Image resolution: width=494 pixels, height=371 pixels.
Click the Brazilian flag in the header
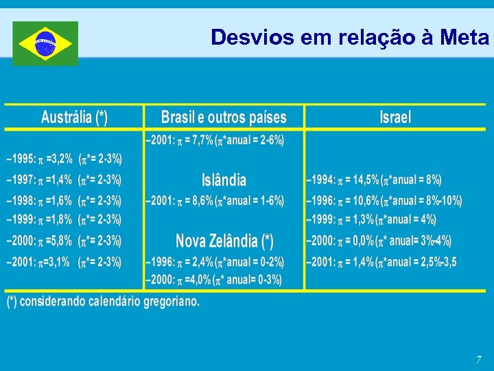45,43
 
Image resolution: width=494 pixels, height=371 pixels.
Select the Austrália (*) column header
74,117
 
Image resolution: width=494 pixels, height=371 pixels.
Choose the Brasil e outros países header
224,117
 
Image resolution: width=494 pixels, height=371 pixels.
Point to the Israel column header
395,117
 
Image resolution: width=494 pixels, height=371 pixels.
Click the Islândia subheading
224,180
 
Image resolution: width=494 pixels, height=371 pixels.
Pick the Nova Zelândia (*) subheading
224,241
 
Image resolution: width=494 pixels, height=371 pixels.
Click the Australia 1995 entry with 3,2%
64,159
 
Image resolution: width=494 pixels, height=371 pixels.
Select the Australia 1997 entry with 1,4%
64,181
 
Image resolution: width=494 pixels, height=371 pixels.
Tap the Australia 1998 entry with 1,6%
64,201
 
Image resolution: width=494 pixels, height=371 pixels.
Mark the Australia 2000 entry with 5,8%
64,241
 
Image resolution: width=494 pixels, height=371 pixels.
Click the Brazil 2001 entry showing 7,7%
215,141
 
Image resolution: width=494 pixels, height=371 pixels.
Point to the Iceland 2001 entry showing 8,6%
215,201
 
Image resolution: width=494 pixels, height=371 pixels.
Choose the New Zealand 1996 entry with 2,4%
215,262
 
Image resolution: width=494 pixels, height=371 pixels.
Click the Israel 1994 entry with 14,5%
374,181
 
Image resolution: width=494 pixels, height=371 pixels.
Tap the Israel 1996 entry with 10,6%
384,201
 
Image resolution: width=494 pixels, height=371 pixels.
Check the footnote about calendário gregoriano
103,302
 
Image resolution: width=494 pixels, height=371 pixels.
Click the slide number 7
479,359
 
